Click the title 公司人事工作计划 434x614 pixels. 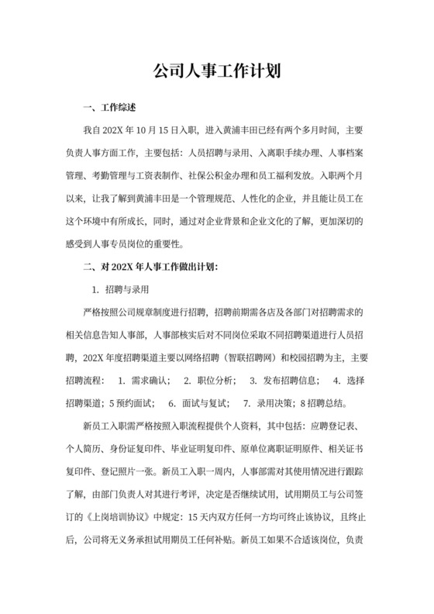tap(216, 71)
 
